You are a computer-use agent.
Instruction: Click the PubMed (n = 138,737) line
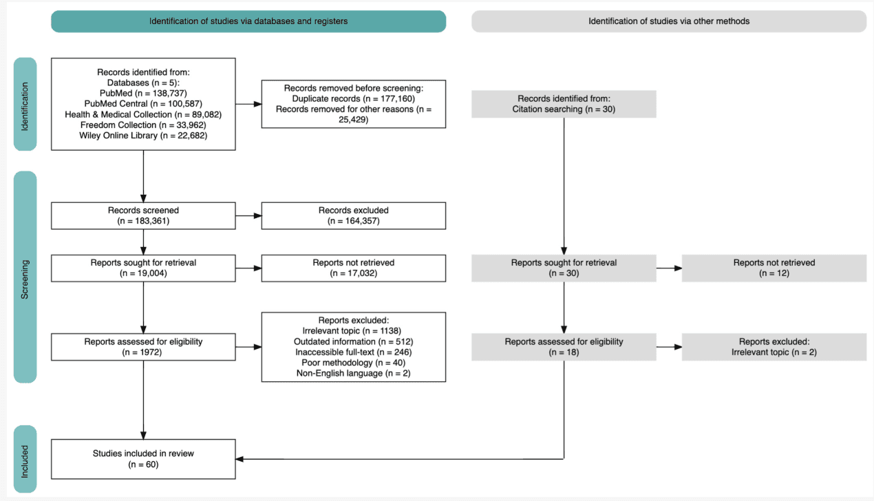point(143,92)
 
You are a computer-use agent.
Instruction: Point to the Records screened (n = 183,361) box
point(143,215)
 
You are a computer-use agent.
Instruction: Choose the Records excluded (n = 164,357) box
point(353,215)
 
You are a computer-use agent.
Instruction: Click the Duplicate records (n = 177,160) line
point(353,98)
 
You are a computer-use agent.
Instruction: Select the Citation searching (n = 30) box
point(564,103)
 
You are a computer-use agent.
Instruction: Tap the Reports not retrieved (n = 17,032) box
point(353,268)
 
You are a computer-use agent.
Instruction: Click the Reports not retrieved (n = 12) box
point(774,268)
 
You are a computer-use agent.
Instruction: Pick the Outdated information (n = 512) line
point(353,341)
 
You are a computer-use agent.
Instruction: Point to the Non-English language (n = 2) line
point(353,372)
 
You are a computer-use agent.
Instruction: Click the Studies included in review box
point(143,458)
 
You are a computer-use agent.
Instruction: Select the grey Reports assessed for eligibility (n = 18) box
point(564,346)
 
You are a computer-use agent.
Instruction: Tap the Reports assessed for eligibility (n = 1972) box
point(143,346)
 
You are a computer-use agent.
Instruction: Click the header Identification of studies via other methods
point(668,21)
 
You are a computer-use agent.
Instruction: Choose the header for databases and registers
point(248,21)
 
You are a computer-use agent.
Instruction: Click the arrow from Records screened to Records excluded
point(248,215)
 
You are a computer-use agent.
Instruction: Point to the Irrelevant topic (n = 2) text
point(774,352)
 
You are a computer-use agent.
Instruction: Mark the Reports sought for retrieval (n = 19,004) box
point(143,268)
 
